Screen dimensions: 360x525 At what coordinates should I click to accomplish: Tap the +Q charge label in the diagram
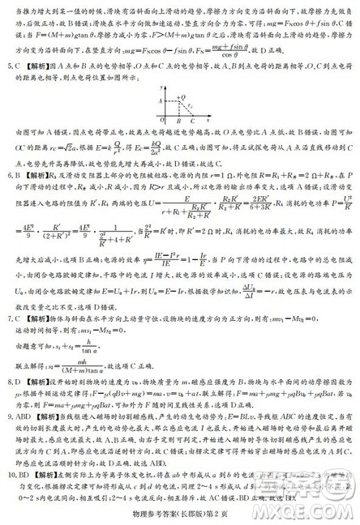(184, 96)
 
